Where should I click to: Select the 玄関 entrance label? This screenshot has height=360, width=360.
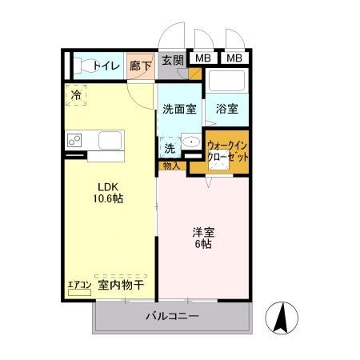[x=172, y=59]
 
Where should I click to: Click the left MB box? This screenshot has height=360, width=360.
[x=204, y=58]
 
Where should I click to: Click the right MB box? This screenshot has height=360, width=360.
[x=234, y=58]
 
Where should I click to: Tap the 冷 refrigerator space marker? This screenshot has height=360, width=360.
[x=77, y=94]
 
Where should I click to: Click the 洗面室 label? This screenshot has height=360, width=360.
[x=179, y=109]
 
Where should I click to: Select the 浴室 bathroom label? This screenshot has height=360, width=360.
[x=226, y=109]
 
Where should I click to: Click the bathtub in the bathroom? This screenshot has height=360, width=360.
[x=227, y=82]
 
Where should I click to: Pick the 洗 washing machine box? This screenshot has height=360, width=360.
[x=170, y=147]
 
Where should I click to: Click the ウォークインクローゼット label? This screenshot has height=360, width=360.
[x=228, y=151]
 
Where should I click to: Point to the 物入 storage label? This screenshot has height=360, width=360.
[x=170, y=166]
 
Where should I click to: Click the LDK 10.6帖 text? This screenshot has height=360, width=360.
[x=110, y=191]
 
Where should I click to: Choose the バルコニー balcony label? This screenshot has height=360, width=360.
[x=172, y=317]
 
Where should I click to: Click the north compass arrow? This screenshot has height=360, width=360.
[x=282, y=319]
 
